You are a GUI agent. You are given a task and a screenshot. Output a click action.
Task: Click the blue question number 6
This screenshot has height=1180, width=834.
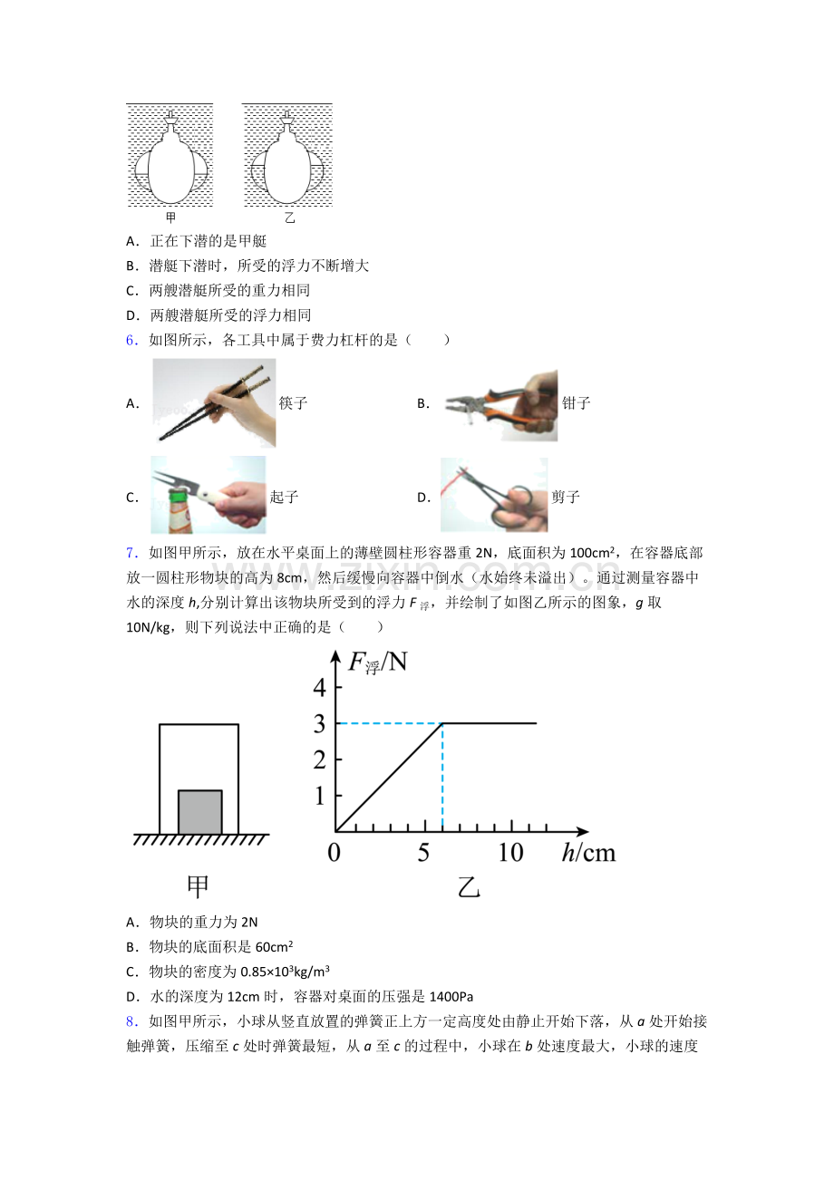click(x=131, y=340)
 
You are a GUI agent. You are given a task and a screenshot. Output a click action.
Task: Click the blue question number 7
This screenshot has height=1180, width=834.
click(x=131, y=553)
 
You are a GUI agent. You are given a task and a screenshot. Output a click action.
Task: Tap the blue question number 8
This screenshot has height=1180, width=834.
click(x=131, y=1021)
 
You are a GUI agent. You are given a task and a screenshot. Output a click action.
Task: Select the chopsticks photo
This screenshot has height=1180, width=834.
click(x=214, y=403)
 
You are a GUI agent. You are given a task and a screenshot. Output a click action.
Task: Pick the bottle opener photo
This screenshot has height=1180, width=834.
click(x=208, y=495)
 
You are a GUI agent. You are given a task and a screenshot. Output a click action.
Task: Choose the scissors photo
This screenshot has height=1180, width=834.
click(x=494, y=495)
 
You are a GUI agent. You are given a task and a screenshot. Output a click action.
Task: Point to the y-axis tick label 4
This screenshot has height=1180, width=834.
click(x=319, y=688)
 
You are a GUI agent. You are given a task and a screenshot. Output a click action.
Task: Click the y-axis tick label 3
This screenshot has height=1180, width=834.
click(x=319, y=724)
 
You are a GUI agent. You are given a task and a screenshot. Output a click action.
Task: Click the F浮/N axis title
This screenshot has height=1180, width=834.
click(x=378, y=663)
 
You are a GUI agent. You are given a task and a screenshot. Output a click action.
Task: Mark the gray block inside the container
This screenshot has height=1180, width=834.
click(x=199, y=812)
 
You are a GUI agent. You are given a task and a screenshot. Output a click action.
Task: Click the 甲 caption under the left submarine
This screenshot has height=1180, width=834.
click(x=170, y=218)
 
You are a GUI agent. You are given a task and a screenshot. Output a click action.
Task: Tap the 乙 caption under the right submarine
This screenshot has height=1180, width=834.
click(x=289, y=218)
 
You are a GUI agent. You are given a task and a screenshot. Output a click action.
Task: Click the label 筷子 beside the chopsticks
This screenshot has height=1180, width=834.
click(x=293, y=403)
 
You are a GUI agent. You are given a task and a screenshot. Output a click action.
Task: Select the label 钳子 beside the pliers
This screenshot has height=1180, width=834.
click(x=576, y=403)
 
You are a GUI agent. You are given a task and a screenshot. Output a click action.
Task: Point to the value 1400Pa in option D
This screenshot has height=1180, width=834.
click(x=451, y=997)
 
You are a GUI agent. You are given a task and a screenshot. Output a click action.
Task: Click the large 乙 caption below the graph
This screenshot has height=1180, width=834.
click(x=469, y=887)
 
